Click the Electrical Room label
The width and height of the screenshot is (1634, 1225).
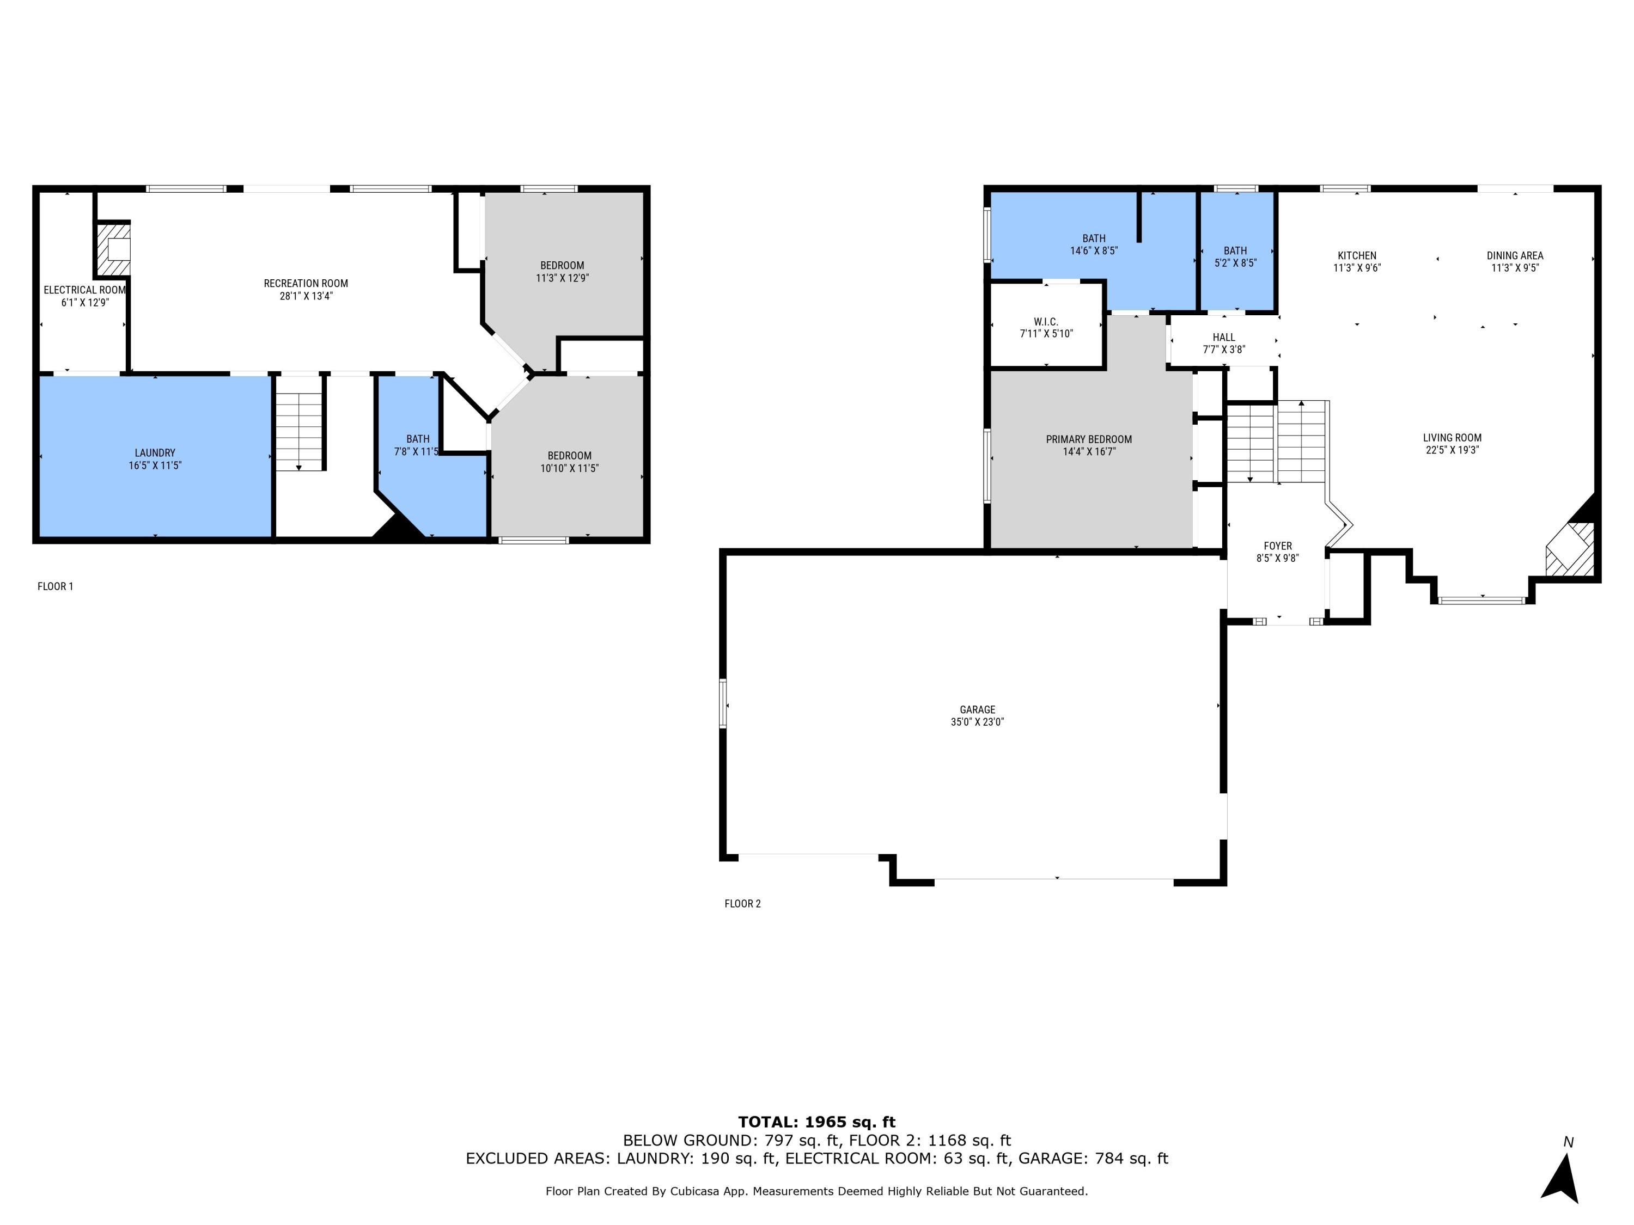(x=84, y=290)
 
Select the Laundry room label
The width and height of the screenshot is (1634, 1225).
(x=155, y=452)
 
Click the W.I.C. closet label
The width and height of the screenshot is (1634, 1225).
(x=1046, y=322)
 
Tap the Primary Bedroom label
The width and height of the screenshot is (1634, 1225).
(x=1088, y=439)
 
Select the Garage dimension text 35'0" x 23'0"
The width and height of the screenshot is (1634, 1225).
(x=977, y=722)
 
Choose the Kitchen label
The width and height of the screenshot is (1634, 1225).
(x=1356, y=255)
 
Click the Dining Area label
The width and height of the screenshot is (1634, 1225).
(x=1514, y=255)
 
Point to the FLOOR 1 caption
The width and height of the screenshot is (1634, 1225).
(x=56, y=586)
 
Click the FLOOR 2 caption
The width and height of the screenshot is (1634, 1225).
(x=742, y=904)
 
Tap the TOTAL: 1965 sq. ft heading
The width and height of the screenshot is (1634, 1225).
(x=816, y=1122)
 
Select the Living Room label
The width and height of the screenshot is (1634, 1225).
(x=1452, y=438)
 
